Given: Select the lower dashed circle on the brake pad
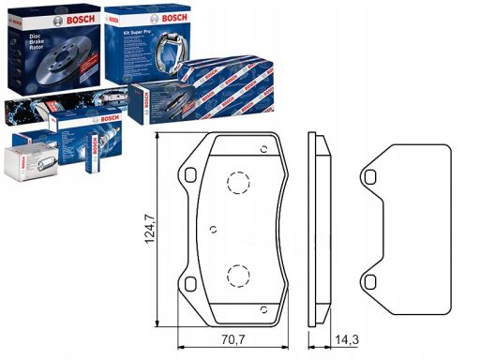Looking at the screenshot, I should click(238, 275).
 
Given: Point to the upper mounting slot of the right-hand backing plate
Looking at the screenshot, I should click(372, 175).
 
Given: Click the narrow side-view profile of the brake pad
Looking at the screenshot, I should click(316, 230).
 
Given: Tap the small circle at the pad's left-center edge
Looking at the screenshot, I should click(215, 228).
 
